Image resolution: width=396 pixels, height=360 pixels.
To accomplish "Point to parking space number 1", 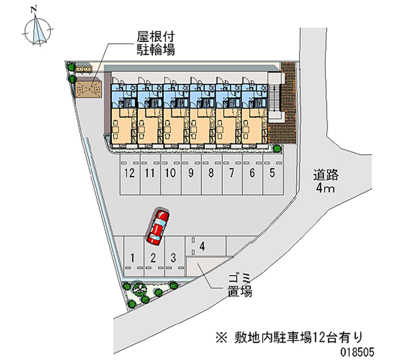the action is tap(133, 257).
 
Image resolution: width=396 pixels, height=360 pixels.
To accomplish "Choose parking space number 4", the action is tap(202, 246).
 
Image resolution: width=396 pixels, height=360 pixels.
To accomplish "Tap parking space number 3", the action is tap(173, 257).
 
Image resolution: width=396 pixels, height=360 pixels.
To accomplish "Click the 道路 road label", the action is tap(325, 175).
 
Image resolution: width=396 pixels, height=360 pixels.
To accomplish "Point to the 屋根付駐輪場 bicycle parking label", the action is tap(155, 44).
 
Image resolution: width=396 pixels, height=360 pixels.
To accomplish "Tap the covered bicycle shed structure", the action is tap(89, 88).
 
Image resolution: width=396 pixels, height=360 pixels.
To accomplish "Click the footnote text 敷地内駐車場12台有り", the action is tap(289, 338).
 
